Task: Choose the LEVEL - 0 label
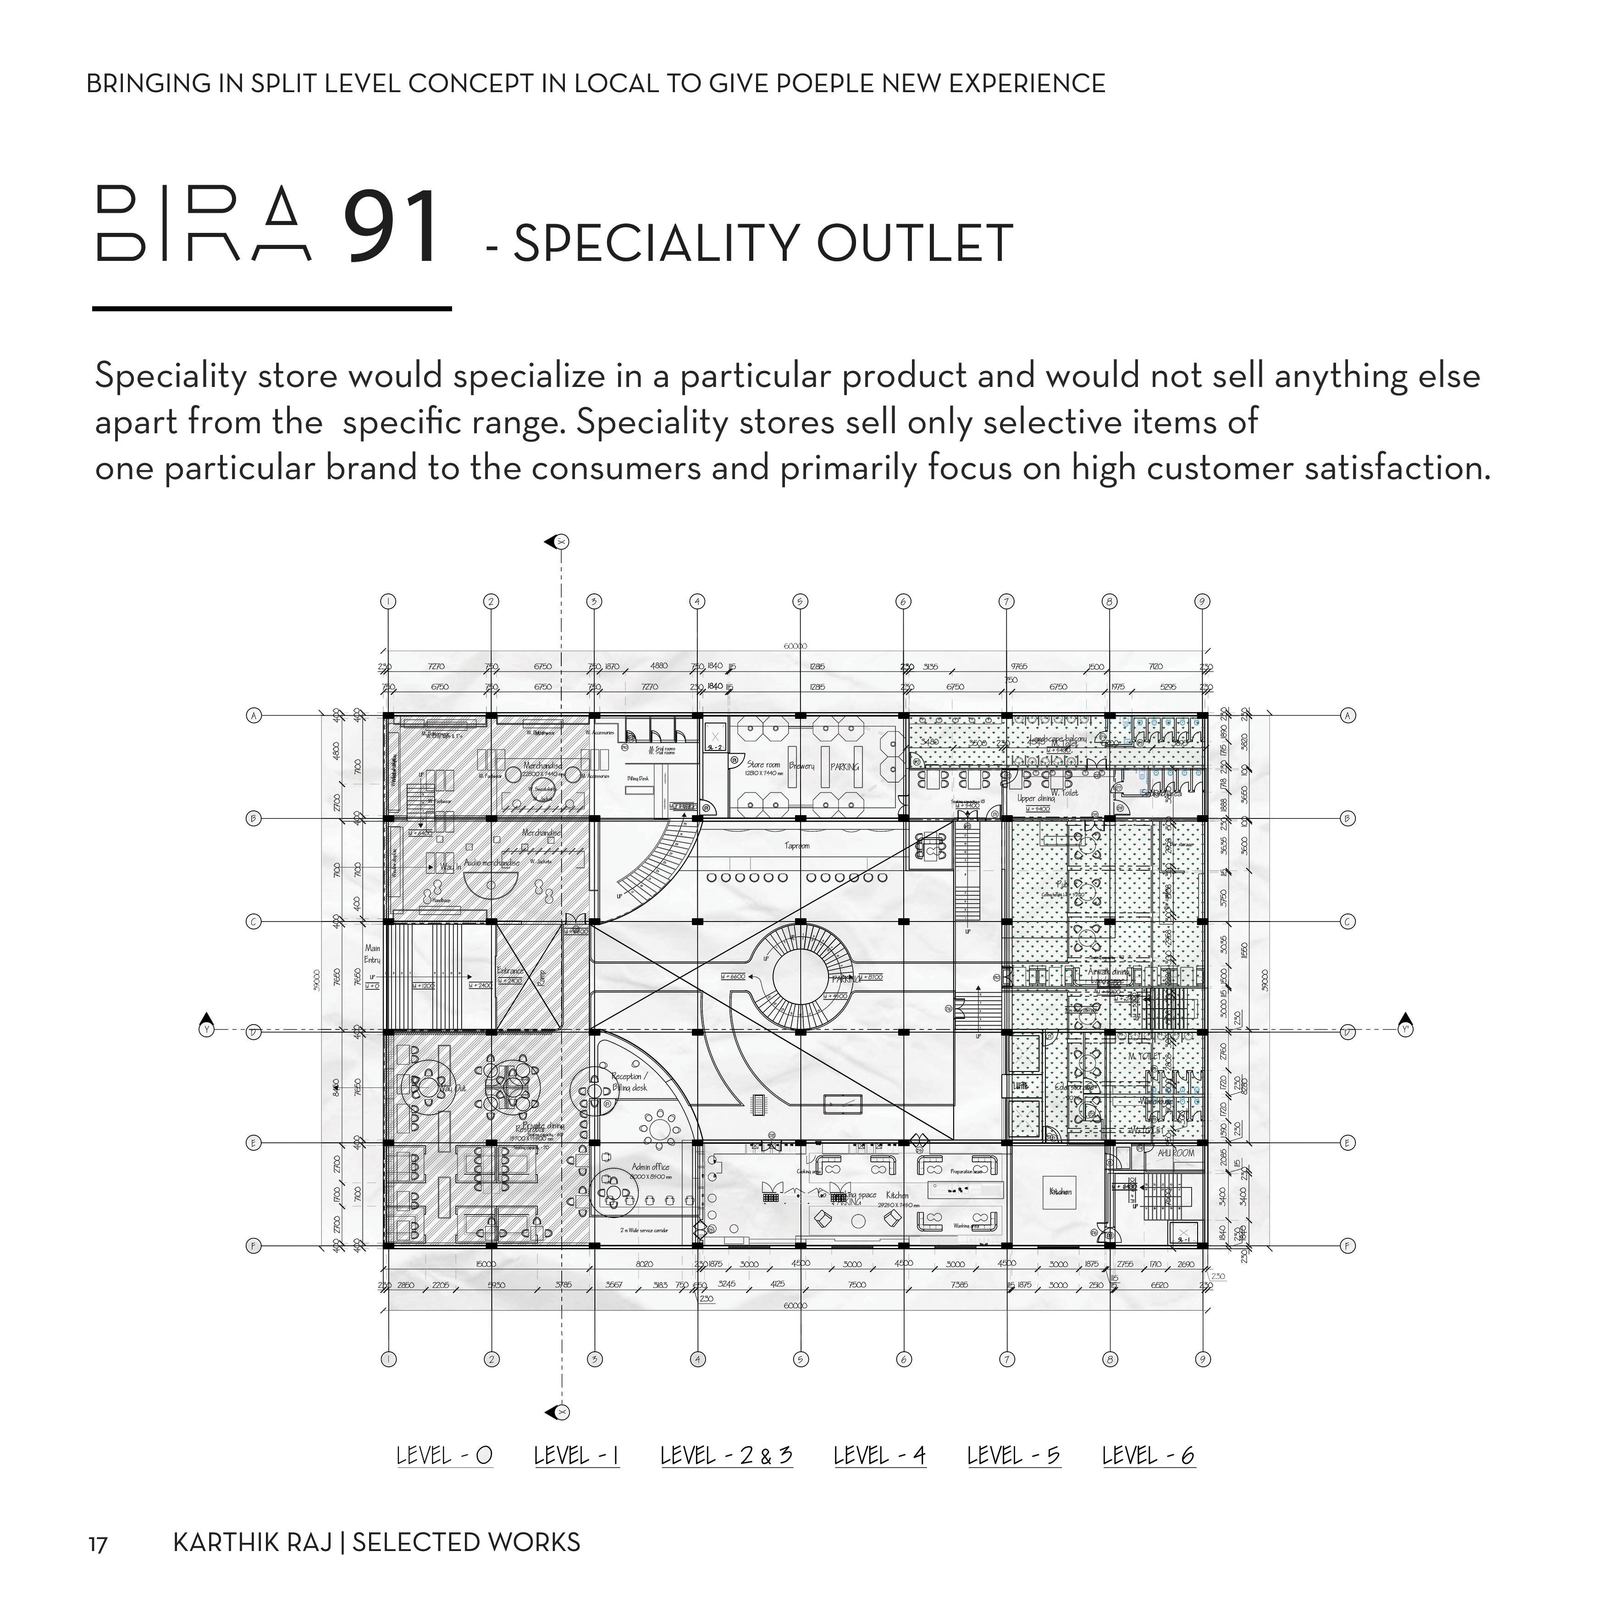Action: point(444,1456)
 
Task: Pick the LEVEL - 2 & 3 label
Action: point(726,1456)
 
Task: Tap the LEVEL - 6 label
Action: point(1149,1456)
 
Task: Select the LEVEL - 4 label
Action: point(880,1456)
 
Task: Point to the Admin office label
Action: point(650,1167)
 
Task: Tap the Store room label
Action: point(763,765)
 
